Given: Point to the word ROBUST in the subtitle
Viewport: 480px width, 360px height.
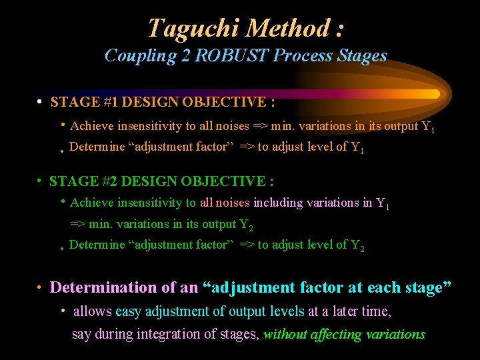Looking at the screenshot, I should coord(226,55).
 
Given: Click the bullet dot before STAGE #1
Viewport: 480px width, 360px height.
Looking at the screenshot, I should coord(40,103).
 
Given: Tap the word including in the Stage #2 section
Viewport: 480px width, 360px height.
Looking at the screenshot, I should coord(278,203).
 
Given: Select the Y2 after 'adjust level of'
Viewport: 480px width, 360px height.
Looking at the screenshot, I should coord(357,246).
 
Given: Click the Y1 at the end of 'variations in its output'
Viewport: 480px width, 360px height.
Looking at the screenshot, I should coord(428,127).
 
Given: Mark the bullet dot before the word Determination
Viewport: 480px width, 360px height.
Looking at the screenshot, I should coord(39,288).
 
